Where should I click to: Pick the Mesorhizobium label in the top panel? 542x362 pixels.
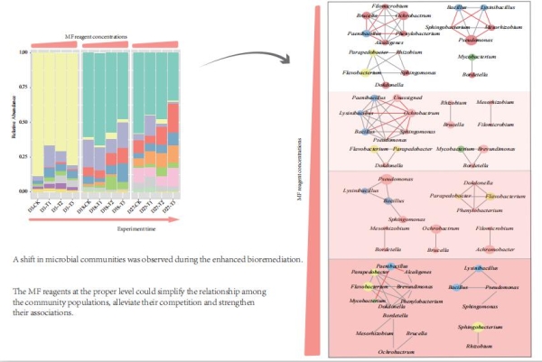point(498,27)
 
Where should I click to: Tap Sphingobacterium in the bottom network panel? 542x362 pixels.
point(479,326)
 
